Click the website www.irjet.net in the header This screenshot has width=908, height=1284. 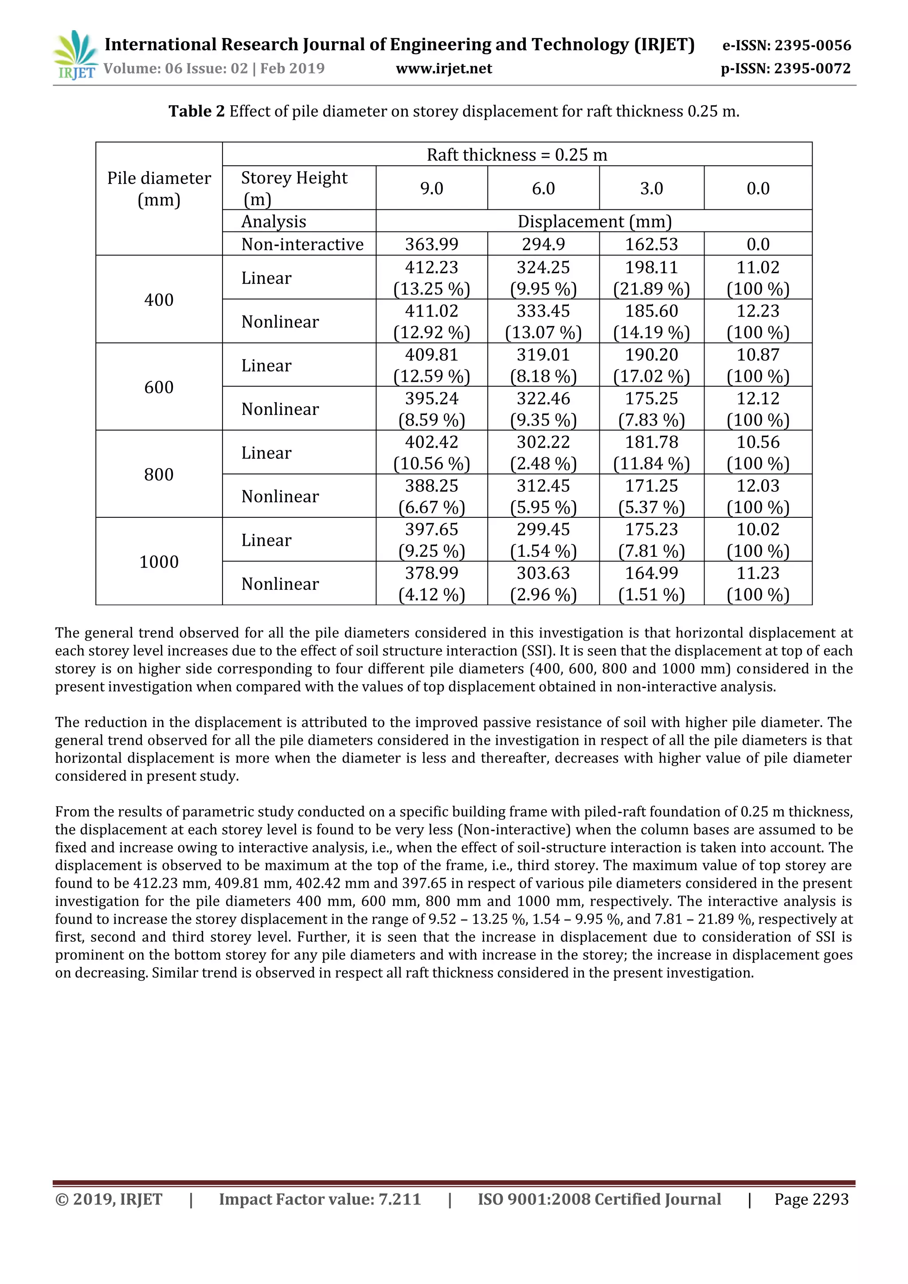443,69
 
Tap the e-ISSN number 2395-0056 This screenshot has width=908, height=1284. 812,45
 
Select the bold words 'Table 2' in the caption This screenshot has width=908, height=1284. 196,111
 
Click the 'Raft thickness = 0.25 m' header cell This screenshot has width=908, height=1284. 517,154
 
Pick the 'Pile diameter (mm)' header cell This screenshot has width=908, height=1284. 159,188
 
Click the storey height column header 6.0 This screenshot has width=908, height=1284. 543,188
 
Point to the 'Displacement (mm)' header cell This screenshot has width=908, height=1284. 594,221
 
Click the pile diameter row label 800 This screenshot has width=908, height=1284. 159,474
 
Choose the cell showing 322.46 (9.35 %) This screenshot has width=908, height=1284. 543,409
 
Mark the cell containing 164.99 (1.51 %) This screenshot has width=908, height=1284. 651,583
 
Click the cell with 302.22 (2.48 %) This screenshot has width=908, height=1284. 543,452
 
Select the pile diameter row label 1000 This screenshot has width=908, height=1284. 159,561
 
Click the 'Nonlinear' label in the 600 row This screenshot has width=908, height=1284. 280,409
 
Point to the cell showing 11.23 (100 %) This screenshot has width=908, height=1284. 758,583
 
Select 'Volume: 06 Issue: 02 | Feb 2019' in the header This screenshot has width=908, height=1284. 214,69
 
